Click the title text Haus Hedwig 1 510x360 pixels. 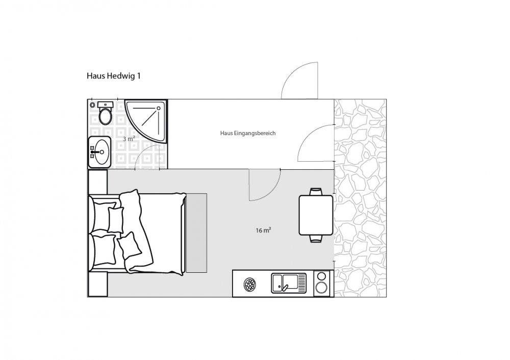(x=114, y=76)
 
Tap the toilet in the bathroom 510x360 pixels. (x=105, y=113)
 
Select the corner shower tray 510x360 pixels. (x=146, y=121)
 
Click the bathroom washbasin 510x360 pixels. (x=99, y=152)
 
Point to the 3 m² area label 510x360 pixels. (x=129, y=139)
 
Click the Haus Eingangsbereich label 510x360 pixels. (x=248, y=133)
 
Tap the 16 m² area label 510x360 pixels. (x=264, y=230)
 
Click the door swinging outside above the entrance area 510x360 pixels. (x=299, y=81)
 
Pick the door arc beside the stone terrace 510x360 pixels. (x=316, y=143)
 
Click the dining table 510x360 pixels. (x=316, y=215)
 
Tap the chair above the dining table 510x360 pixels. (x=316, y=192)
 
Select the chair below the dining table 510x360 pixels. (x=316, y=239)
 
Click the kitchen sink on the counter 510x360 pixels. (x=289, y=283)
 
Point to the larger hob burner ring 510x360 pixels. (x=321, y=288)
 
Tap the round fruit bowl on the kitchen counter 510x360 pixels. (x=250, y=285)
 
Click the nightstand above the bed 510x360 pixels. (x=97, y=182)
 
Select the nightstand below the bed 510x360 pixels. (x=97, y=284)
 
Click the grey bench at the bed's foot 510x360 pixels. (x=196, y=233)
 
